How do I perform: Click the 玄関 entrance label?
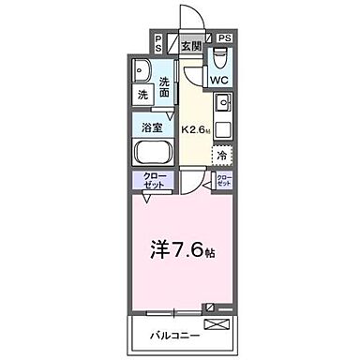click(x=191, y=43)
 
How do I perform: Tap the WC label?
click(x=217, y=81)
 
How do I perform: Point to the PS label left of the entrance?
click(x=158, y=42)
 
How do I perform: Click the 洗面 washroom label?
click(x=165, y=86)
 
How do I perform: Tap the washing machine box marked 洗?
click(x=143, y=96)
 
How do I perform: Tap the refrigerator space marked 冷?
click(x=222, y=155)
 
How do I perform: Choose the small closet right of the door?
click(x=223, y=181)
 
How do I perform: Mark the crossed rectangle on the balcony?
click(x=215, y=325)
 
